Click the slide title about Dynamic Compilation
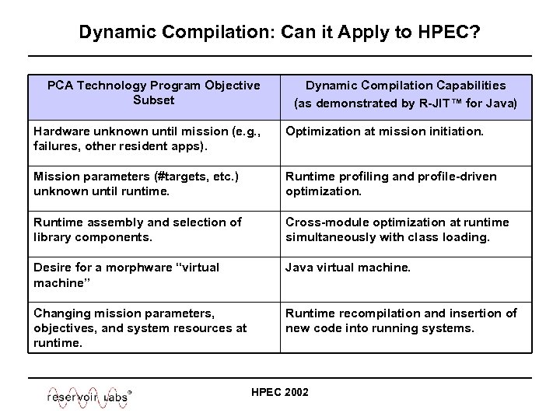[x=279, y=33]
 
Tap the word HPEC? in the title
[x=450, y=33]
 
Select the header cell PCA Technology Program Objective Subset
[x=153, y=93]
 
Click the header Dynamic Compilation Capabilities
[x=405, y=86]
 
